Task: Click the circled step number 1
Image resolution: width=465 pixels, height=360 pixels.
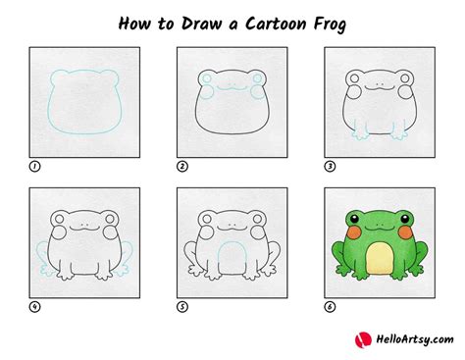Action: point(34,166)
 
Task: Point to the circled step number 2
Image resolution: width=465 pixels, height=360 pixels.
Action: point(181,166)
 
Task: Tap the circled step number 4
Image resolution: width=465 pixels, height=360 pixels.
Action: point(34,305)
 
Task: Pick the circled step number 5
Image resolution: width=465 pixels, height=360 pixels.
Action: point(181,305)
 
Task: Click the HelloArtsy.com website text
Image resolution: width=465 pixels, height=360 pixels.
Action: point(406,340)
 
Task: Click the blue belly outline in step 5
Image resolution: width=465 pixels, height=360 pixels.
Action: point(230,253)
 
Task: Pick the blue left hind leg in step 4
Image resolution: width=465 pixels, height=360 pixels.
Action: point(41,257)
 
